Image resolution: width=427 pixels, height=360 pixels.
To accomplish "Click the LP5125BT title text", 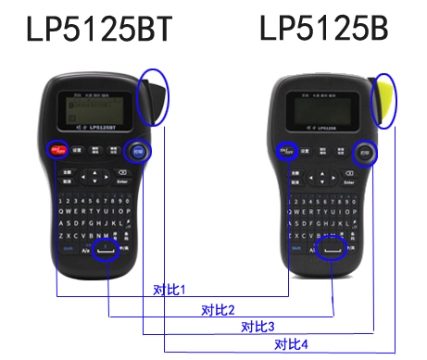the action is point(99,30).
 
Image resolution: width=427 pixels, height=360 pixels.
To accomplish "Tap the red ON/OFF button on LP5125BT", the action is point(57,149).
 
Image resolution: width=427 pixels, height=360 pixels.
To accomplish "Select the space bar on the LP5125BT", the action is point(108,249).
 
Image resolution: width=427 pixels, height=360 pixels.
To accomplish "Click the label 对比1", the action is point(170,290).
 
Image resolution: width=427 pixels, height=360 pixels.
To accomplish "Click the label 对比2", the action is point(218,308).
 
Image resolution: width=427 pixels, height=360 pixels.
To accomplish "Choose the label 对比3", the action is point(257,326).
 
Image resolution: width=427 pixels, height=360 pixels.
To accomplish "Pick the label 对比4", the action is point(292,344).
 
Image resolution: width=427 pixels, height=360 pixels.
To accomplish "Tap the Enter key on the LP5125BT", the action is point(122,182).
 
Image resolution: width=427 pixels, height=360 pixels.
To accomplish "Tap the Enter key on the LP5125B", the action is point(348,182).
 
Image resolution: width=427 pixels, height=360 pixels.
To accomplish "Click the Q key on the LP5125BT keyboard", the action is point(60,211).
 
